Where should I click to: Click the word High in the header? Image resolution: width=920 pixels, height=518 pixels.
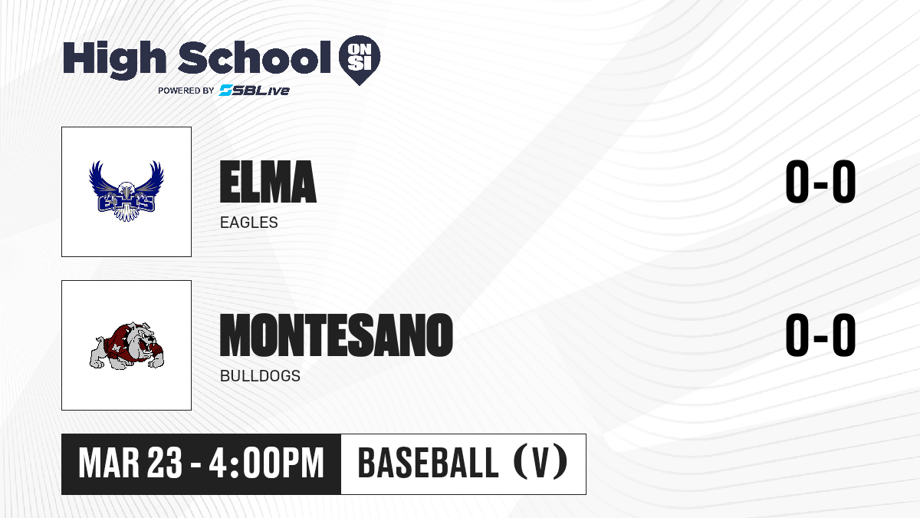[x=114, y=60]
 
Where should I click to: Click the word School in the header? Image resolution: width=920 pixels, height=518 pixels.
[x=255, y=58]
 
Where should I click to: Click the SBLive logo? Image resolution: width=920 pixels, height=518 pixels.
[x=254, y=90]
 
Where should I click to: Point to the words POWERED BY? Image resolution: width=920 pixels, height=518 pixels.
[x=186, y=91]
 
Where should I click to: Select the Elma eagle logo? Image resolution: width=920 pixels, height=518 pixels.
[x=127, y=191]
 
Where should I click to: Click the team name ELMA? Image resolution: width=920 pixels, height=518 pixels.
[x=268, y=182]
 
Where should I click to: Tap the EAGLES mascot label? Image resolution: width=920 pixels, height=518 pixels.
[x=249, y=223]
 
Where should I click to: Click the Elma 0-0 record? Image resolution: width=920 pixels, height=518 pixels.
[x=820, y=182]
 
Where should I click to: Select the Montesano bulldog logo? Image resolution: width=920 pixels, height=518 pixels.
[x=127, y=345]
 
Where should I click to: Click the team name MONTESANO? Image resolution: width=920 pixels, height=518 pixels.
[x=336, y=335]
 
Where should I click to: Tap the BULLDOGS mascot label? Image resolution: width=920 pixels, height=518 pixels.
[x=260, y=376]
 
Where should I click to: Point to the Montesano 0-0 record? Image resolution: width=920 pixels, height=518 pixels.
[x=820, y=335]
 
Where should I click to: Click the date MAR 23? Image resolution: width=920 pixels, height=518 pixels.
[x=130, y=464]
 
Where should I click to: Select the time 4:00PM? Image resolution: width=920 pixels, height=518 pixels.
[x=267, y=464]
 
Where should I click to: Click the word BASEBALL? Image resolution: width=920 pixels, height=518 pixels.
[x=429, y=463]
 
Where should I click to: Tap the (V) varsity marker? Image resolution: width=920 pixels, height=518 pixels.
[x=540, y=463]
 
